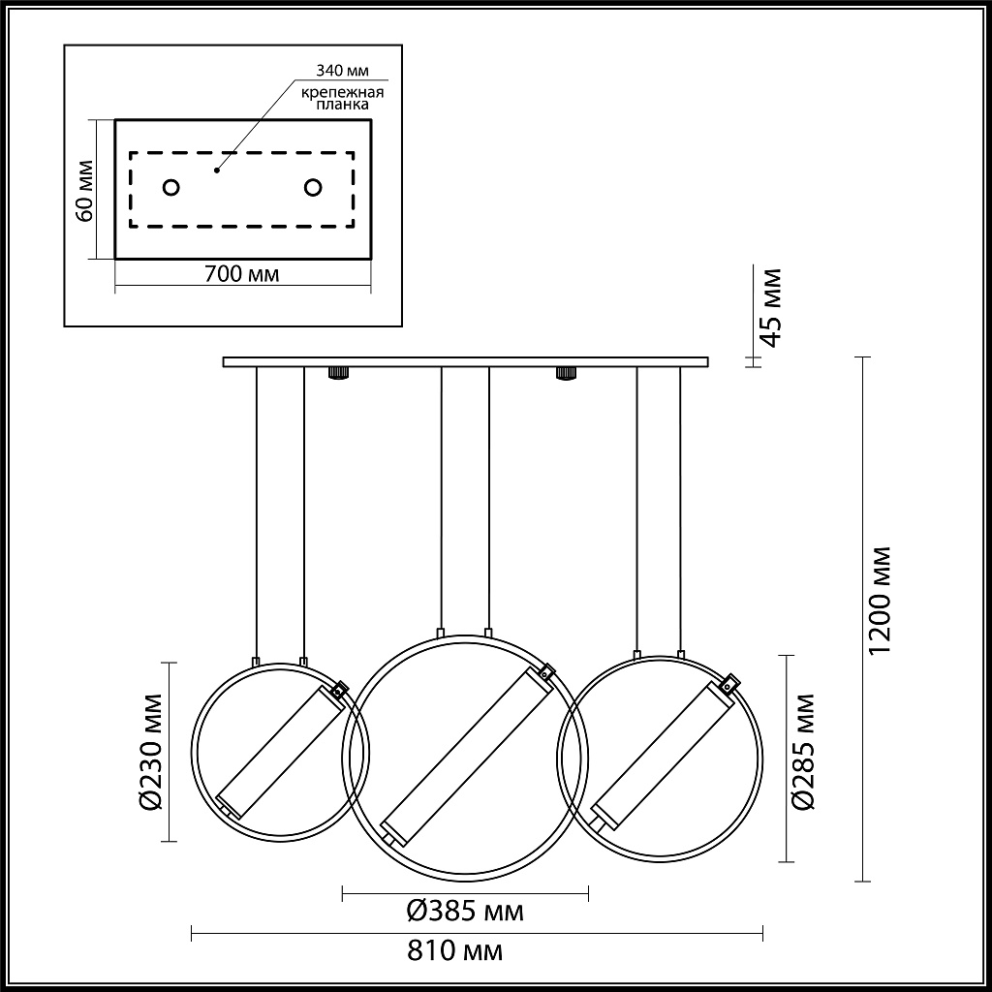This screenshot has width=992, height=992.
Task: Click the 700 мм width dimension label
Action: [242, 274]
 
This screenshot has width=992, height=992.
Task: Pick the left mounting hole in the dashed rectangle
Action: [170, 187]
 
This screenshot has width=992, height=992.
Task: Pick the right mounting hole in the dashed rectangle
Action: [313, 187]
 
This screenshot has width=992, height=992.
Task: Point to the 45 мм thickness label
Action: [769, 307]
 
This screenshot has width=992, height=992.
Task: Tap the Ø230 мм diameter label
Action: [149, 752]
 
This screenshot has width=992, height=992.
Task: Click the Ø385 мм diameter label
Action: [465, 911]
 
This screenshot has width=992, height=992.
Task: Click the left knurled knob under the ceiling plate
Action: [338, 373]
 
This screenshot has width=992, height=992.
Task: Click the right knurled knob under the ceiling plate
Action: [562, 373]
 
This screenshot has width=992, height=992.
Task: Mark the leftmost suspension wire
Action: [257, 513]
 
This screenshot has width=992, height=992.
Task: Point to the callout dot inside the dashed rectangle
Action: [217, 169]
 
